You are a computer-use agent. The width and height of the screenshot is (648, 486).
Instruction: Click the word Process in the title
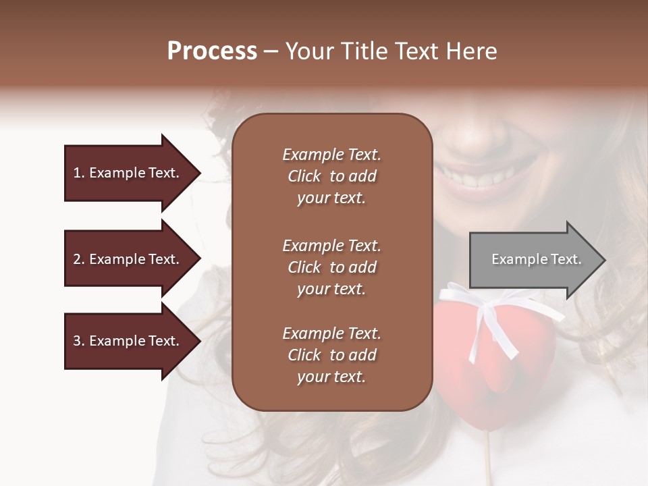coord(212,51)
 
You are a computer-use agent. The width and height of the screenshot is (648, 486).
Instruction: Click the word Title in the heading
coord(365,51)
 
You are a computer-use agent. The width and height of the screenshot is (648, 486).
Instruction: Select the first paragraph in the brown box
coord(331,176)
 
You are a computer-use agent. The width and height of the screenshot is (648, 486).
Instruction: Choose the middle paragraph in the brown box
coord(331,267)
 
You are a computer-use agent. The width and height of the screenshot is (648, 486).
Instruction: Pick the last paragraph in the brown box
coord(331,355)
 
